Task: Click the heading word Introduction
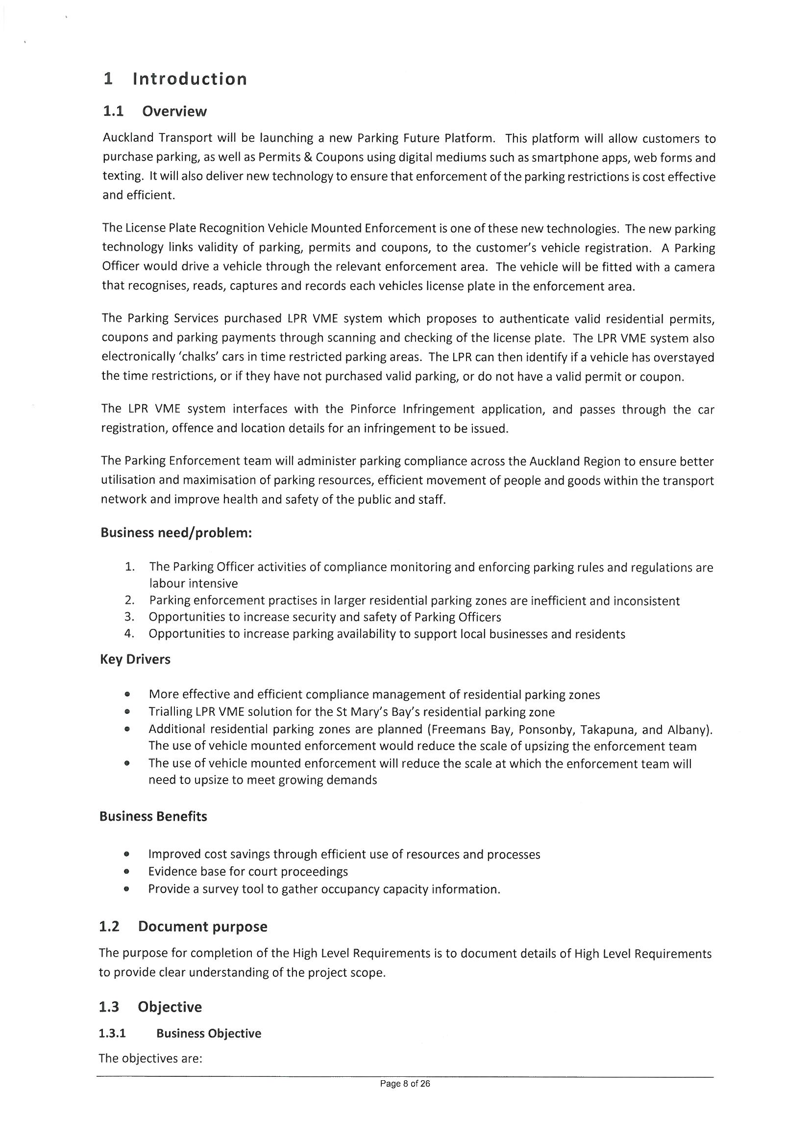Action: [190, 79]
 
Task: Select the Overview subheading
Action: [174, 111]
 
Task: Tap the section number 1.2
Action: [109, 927]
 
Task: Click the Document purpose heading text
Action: [203, 927]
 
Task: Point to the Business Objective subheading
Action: [209, 1034]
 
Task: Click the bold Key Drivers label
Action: [135, 659]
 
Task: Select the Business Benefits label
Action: [153, 816]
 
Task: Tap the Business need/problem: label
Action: [176, 533]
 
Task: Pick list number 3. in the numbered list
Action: [129, 618]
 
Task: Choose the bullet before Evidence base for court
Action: [127, 872]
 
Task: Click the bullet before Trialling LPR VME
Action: [128, 712]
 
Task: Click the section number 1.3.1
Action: [112, 1034]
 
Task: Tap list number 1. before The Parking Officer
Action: [130, 567]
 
